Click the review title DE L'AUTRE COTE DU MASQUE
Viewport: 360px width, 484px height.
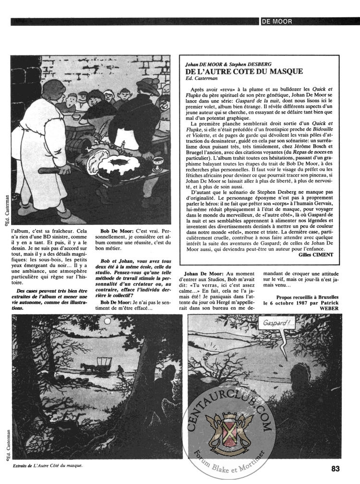pos(244,71)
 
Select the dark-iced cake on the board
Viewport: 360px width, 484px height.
pos(119,165)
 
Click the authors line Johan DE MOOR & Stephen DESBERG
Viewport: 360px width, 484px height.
pos(228,63)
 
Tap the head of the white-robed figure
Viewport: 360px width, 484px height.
pos(53,92)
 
